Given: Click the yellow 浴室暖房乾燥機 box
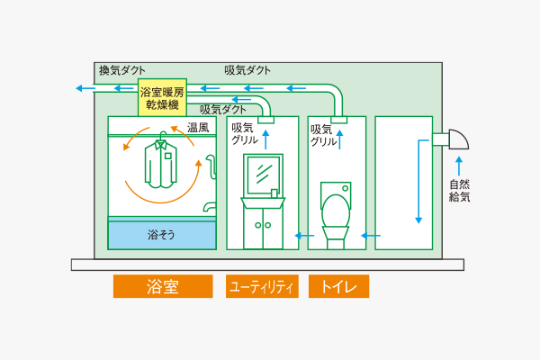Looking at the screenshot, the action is point(162,97).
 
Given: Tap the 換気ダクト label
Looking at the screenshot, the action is point(122,70).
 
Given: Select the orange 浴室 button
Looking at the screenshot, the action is point(163,286).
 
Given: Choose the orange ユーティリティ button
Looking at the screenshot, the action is point(262,286).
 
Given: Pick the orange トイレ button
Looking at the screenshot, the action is point(339,286).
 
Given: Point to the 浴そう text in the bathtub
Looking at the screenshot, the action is point(161,235).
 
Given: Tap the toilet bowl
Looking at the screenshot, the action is point(336,211).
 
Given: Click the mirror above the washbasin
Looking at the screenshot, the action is point(264,175).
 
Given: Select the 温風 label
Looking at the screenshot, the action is point(198,128).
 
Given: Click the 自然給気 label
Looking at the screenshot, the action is point(459,191).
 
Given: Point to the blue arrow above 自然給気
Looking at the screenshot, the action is point(459,166).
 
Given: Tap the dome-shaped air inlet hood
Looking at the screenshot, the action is point(459,139).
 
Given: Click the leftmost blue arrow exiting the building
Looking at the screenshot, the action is point(85,88).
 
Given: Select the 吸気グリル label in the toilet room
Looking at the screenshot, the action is point(323,135).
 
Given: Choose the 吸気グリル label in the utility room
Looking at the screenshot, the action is point(245,134).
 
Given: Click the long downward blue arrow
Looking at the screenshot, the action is point(418,181).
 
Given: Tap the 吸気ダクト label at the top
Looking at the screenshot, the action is point(247,70).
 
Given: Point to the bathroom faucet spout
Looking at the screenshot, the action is point(209,206).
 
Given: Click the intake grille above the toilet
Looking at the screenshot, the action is point(339,120).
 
